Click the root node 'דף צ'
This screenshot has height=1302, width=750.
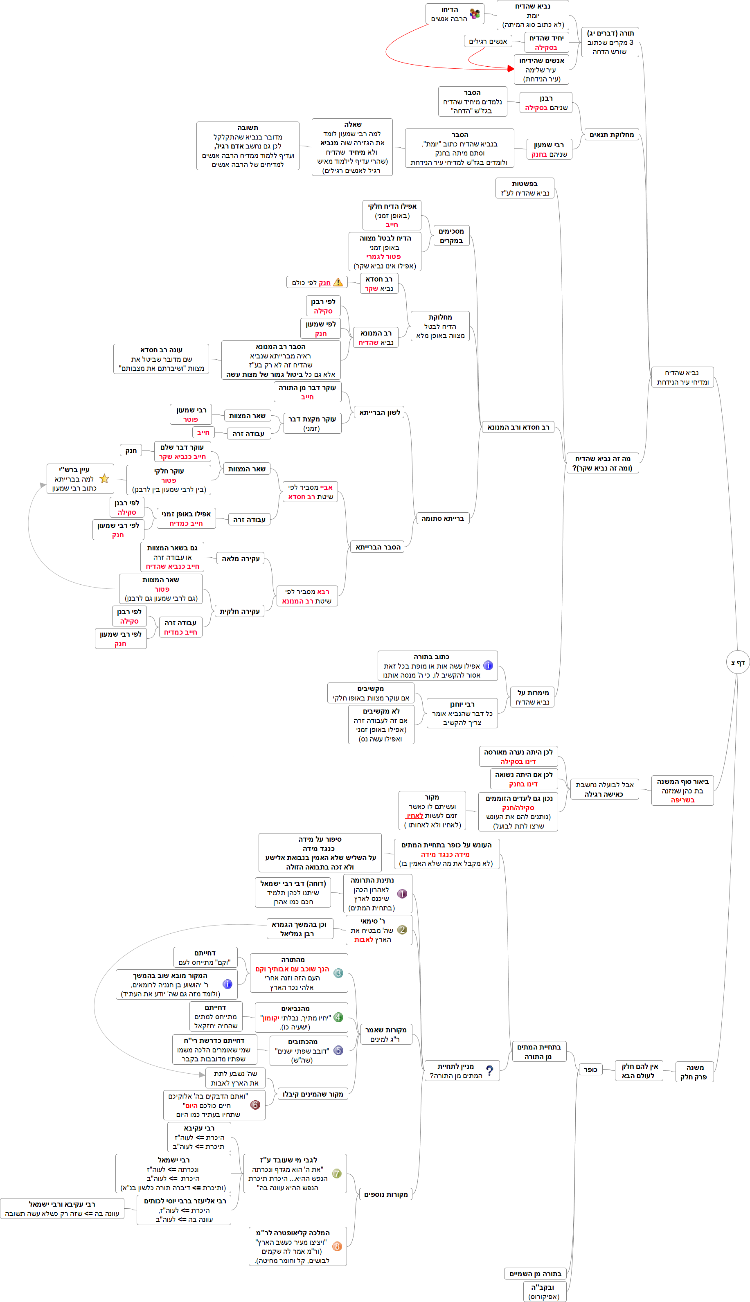pyautogui.click(x=738, y=662)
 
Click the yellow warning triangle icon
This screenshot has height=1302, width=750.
pyautogui.click(x=338, y=282)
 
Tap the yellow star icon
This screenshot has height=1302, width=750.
pyautogui.click(x=105, y=478)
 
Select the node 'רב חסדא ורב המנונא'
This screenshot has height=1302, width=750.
pyautogui.click(x=518, y=427)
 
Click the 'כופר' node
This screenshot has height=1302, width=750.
pyautogui.click(x=590, y=1070)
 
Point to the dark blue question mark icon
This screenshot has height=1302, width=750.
pyautogui.click(x=489, y=1070)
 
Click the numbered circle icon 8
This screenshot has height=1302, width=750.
pyautogui.click(x=338, y=1246)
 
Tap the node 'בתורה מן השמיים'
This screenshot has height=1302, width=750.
pyautogui.click(x=535, y=1274)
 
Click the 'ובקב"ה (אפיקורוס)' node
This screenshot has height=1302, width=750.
pyautogui.click(x=545, y=1291)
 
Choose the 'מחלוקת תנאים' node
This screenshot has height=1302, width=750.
pyautogui.click(x=611, y=135)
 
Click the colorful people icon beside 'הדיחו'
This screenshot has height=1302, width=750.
pyautogui.click(x=474, y=14)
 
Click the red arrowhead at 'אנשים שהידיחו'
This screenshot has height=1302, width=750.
pyautogui.click(x=511, y=68)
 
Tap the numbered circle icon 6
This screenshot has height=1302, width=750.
pyautogui.click(x=255, y=1105)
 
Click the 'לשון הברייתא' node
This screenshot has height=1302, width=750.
pyautogui.click(x=380, y=412)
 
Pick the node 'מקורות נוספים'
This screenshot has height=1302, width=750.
pyautogui.click(x=386, y=1194)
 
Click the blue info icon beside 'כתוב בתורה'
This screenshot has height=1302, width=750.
pyautogui.click(x=488, y=665)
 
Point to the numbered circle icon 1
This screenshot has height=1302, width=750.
pyautogui.click(x=402, y=894)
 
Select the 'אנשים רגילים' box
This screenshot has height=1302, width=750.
pyautogui.click(x=488, y=41)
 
